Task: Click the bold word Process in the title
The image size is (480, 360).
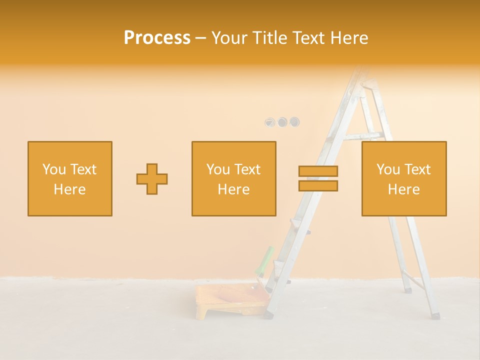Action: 157,38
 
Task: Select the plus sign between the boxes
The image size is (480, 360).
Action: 152,179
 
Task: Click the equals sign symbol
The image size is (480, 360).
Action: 318,178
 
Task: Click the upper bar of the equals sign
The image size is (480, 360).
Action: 318,171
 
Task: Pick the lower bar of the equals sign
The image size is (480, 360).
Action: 318,186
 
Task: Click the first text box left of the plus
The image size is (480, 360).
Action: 70,178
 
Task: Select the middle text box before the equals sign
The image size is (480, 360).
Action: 233,178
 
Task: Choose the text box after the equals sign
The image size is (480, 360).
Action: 404,178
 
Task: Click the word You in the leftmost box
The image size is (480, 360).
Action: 53,169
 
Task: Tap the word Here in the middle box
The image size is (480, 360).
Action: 233,189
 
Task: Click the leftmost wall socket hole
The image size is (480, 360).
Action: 270,122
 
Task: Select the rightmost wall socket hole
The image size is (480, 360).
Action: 294,121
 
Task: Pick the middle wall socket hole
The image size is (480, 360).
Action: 282,121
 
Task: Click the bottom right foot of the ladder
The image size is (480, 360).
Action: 435,315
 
